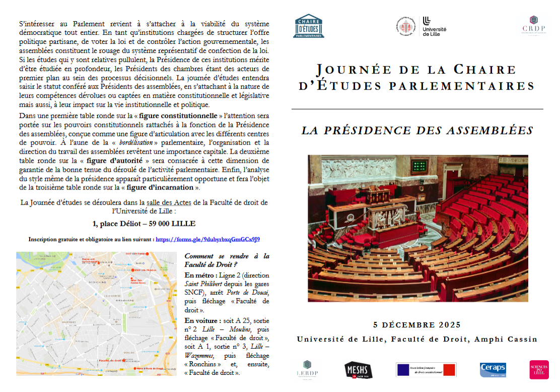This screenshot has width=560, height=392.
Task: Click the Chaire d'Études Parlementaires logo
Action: [x=309, y=26]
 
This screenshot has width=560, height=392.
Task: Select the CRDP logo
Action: [x=533, y=27]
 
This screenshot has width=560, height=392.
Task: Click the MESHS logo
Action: [x=358, y=370]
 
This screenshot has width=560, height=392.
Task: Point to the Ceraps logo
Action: [x=493, y=370]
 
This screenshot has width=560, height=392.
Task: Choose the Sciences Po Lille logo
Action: [x=539, y=370]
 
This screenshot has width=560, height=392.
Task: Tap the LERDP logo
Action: [x=307, y=370]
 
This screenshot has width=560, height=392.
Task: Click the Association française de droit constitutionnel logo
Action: [x=426, y=370]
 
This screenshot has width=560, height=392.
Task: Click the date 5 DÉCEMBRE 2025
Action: [x=417, y=325]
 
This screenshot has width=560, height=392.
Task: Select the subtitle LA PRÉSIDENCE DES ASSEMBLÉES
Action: [x=417, y=130]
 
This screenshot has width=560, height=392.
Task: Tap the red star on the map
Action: [x=124, y=362]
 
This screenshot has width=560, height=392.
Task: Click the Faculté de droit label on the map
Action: [x=110, y=361]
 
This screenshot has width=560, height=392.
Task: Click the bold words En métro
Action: [x=200, y=276]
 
